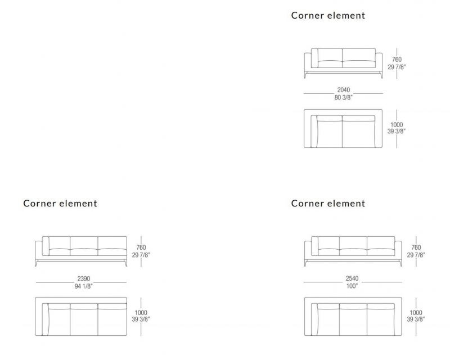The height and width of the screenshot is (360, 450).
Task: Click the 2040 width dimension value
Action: (344, 90)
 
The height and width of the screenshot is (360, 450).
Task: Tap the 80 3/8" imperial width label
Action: (343, 98)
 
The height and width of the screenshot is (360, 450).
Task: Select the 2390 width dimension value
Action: (83, 278)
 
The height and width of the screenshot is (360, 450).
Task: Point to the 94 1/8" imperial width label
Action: (83, 286)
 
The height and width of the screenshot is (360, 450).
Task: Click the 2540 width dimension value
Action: (352, 278)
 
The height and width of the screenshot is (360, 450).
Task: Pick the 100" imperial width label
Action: (352, 286)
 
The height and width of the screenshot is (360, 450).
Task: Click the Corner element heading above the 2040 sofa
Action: (328, 15)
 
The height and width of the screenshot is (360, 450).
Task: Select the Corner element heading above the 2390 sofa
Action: (60, 203)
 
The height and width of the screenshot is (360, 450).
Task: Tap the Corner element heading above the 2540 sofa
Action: (328, 203)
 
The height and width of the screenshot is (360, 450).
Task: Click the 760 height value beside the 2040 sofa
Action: (397, 60)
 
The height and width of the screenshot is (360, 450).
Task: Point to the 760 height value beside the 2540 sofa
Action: (416, 247)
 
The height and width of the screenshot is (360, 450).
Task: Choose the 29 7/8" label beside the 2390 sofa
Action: (141, 255)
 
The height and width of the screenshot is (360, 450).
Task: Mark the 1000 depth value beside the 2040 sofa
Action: (397, 124)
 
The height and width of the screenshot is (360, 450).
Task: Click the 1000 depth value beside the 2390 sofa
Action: (141, 313)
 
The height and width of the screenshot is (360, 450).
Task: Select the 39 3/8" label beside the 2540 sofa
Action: (416, 319)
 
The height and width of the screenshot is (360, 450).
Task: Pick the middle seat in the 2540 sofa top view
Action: (353, 319)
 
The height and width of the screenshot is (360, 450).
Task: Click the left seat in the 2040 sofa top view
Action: (329, 132)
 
